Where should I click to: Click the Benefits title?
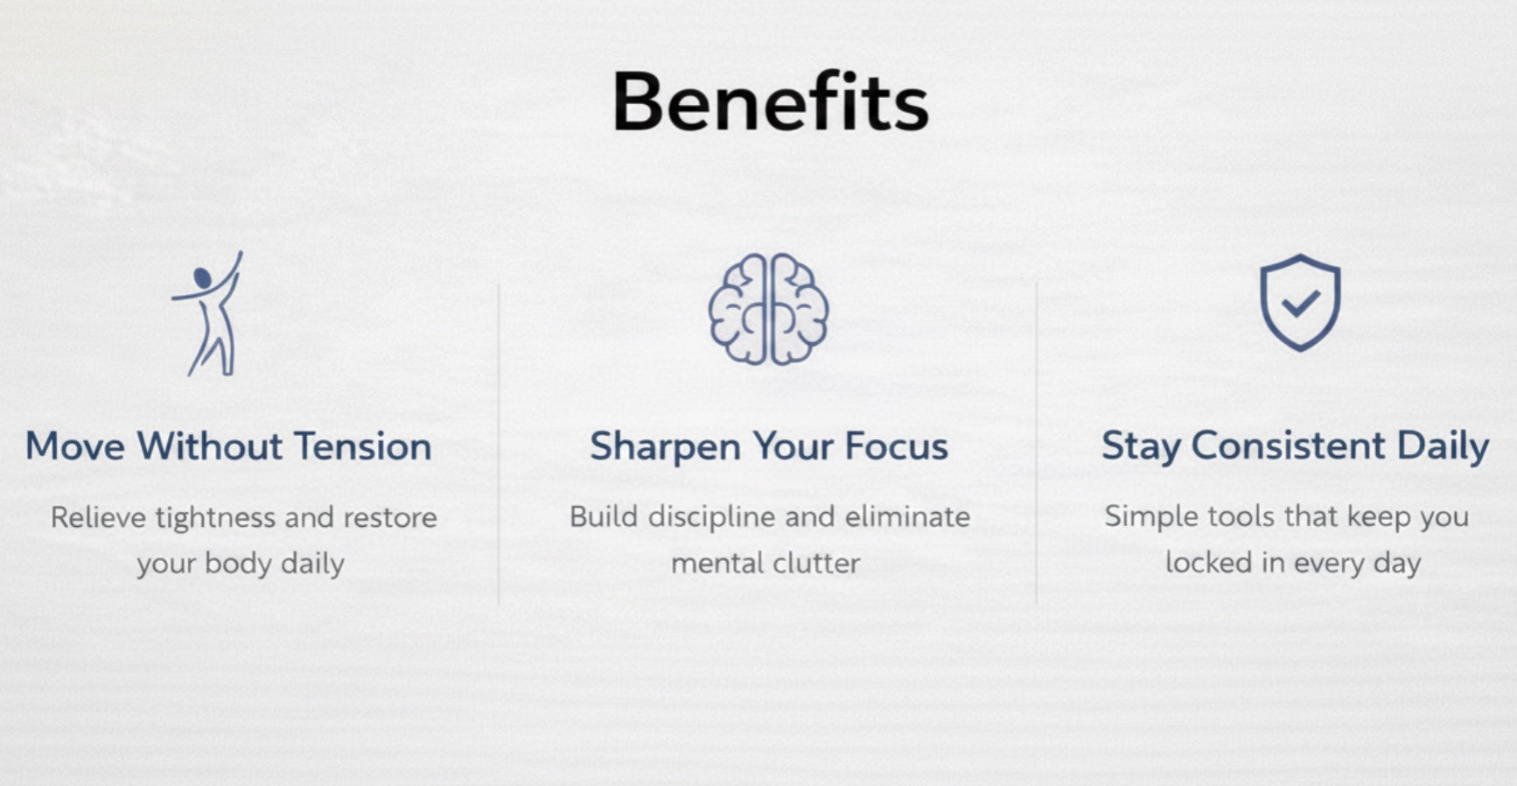tap(770, 102)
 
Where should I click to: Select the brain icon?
tap(768, 309)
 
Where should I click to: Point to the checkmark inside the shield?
tap(1301, 303)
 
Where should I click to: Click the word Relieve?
tap(98, 517)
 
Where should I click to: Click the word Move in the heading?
tap(75, 446)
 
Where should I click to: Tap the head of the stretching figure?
tap(202, 279)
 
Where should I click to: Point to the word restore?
tap(390, 518)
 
